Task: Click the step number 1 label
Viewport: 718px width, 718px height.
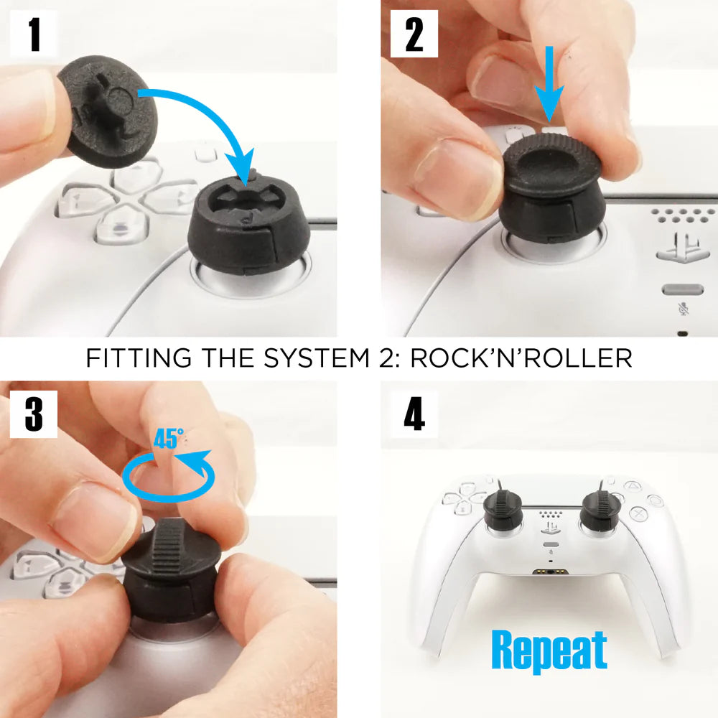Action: pyautogui.click(x=34, y=34)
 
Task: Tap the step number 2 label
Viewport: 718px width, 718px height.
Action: pyautogui.click(x=414, y=34)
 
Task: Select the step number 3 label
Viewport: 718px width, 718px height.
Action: pyautogui.click(x=34, y=414)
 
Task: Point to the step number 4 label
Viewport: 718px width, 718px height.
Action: pyautogui.click(x=414, y=414)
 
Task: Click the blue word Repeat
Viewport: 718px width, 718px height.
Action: pyautogui.click(x=549, y=651)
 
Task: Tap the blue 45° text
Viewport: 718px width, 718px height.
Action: pyautogui.click(x=169, y=438)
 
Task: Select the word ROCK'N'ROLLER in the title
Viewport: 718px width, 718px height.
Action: pyautogui.click(x=521, y=358)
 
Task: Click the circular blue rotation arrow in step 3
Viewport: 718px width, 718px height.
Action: pyautogui.click(x=169, y=476)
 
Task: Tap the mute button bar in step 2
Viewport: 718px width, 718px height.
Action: pyautogui.click(x=683, y=289)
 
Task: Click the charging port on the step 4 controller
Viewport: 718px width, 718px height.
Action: pyautogui.click(x=550, y=572)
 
